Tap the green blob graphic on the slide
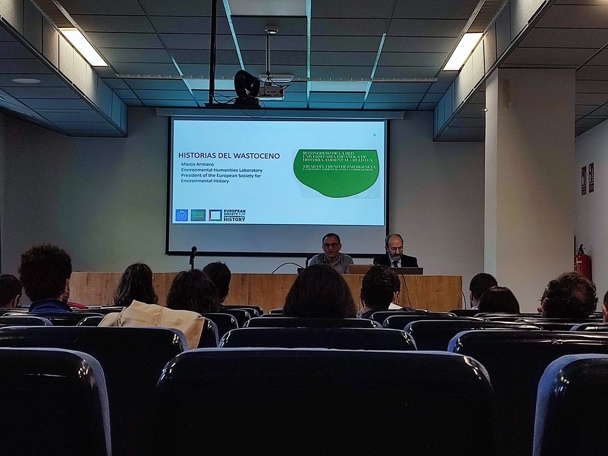pos(336,173)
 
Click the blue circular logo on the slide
pos(181,215)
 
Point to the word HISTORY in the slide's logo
pos(235,218)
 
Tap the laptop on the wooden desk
pos(359,269)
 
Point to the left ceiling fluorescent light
pos(83,47)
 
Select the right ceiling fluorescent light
pos(463,51)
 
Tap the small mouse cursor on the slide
pos(374,135)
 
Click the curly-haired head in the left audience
pos(46,271)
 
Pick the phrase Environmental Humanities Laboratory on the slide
pos(221,170)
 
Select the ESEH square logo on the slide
pos(215,215)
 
